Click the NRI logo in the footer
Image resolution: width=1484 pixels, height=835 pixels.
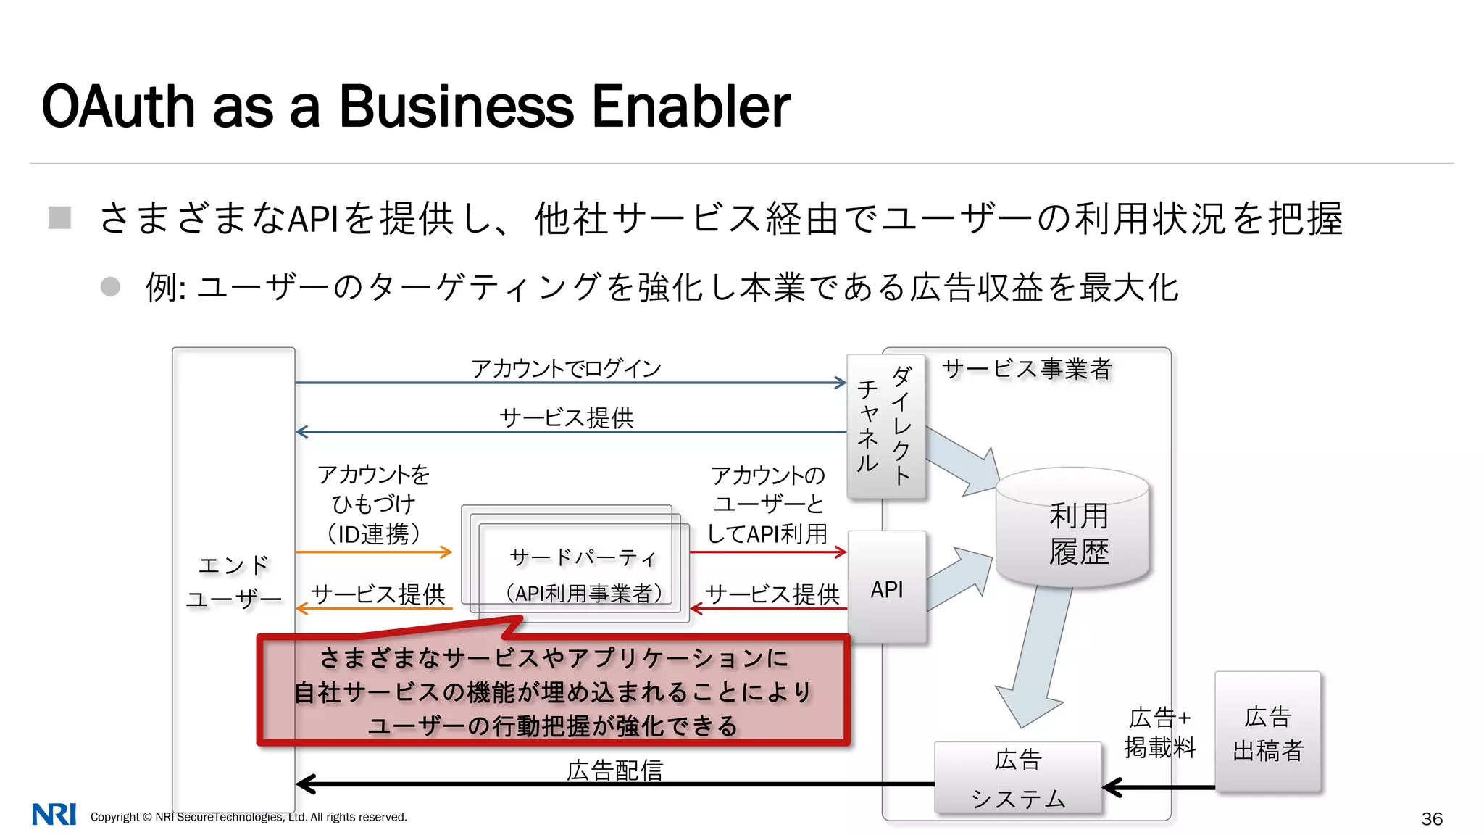[54, 815]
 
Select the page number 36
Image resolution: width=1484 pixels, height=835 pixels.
[1432, 819]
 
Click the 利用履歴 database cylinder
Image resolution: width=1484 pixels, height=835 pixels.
[1073, 533]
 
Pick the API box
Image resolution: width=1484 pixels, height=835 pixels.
[887, 589]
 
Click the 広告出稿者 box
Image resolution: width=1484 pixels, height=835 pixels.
[1268, 733]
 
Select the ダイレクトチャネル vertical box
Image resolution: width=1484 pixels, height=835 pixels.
[886, 426]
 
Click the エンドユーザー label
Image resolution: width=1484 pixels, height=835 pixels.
[233, 582]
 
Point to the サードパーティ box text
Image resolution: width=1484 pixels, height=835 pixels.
[583, 574]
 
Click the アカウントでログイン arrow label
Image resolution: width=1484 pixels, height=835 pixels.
[566, 368]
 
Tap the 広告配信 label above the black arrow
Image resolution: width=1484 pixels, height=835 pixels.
[614, 770]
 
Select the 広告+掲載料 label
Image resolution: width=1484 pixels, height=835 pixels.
[1160, 732]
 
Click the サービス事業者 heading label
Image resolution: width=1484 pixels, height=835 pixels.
[1026, 369]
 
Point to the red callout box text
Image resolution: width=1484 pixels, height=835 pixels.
[553, 691]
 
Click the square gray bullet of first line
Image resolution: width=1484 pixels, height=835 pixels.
[59, 217]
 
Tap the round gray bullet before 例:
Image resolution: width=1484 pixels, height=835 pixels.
[110, 286]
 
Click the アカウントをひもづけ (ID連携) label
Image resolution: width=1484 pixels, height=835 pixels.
[373, 504]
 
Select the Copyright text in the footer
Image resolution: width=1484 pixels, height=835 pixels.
[249, 817]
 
